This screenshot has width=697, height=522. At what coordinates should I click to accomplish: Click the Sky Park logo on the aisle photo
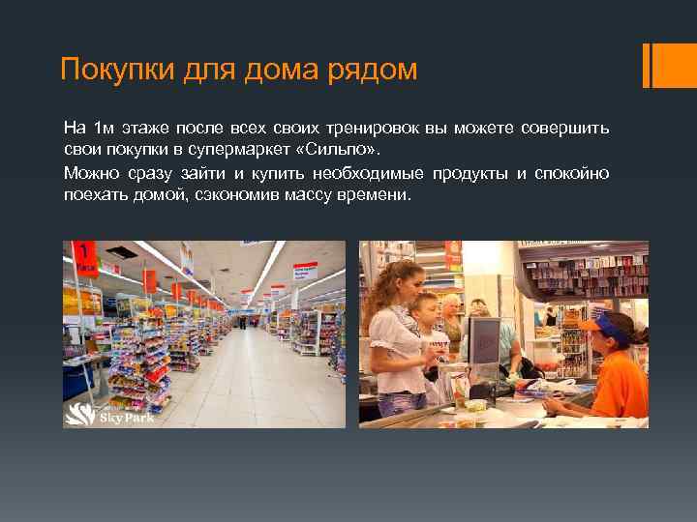(97, 414)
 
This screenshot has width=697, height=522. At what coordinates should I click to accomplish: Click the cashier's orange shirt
(620, 382)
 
